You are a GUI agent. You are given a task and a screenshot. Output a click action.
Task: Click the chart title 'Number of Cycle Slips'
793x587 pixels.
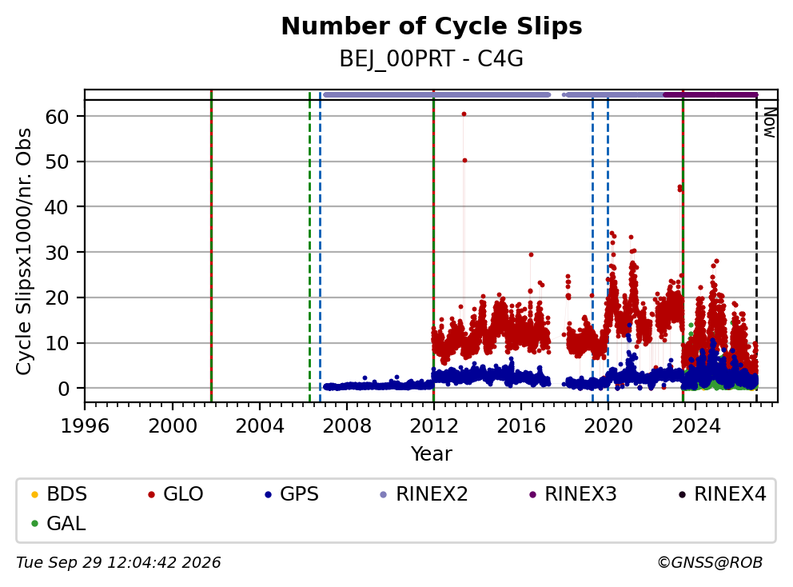[x=432, y=26]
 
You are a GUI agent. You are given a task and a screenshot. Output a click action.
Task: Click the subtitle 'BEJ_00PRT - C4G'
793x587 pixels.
[x=432, y=59]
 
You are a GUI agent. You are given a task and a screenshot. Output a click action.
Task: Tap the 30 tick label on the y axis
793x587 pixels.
[x=57, y=253]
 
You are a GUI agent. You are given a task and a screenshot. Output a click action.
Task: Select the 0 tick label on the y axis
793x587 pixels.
[x=63, y=389]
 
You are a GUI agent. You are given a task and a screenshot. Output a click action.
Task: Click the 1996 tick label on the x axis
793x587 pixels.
[x=85, y=426]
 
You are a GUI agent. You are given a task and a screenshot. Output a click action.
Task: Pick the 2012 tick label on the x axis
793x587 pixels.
[x=434, y=426]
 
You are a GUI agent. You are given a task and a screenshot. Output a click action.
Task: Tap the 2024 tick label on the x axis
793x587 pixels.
[x=695, y=426]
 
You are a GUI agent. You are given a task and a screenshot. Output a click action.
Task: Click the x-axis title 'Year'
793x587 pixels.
[x=432, y=454]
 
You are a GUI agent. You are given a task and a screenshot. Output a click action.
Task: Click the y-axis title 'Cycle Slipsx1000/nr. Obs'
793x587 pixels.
[x=24, y=251]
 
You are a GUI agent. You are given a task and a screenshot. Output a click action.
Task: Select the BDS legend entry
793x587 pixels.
[x=59, y=494]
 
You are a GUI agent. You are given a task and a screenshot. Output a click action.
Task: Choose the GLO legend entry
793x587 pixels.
[x=176, y=494]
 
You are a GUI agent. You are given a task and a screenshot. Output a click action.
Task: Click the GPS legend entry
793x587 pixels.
[x=293, y=494]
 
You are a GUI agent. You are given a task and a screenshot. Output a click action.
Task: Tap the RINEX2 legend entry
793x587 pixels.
[x=424, y=494]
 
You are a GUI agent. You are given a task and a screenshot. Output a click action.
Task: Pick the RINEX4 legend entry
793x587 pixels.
[x=722, y=494]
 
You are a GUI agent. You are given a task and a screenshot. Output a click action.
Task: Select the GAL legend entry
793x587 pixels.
[x=58, y=523]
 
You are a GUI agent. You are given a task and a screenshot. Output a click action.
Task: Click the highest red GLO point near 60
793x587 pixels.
[x=464, y=114]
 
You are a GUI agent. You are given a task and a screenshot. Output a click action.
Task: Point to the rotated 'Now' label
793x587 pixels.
[x=770, y=123]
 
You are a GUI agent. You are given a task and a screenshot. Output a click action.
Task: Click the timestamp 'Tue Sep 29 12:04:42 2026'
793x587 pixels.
[x=118, y=563]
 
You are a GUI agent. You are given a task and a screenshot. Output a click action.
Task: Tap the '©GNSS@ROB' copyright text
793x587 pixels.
[x=710, y=563]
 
